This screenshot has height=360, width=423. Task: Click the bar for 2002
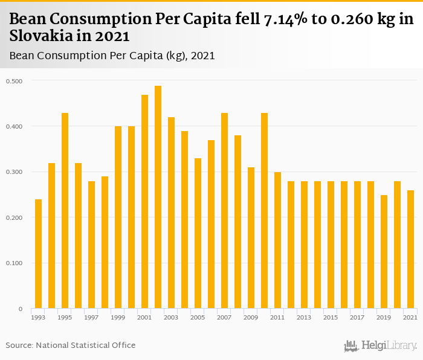coord(158,197)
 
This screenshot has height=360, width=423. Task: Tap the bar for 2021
coord(411,249)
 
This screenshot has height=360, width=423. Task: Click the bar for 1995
coord(65,211)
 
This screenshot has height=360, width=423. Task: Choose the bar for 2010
coord(265,211)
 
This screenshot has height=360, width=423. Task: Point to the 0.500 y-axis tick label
coord(15,81)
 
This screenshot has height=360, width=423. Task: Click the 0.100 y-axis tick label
coord(15,263)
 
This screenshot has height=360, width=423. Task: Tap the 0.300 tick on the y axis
coord(15,172)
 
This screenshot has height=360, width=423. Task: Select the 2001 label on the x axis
coord(144,317)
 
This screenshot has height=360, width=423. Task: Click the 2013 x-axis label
coord(304,317)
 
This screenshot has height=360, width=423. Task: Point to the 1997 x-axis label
coord(91,317)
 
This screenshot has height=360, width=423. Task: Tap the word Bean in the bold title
coord(27,20)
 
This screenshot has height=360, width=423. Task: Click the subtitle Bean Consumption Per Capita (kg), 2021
coord(112,56)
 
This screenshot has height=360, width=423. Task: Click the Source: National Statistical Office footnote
coord(71,345)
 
